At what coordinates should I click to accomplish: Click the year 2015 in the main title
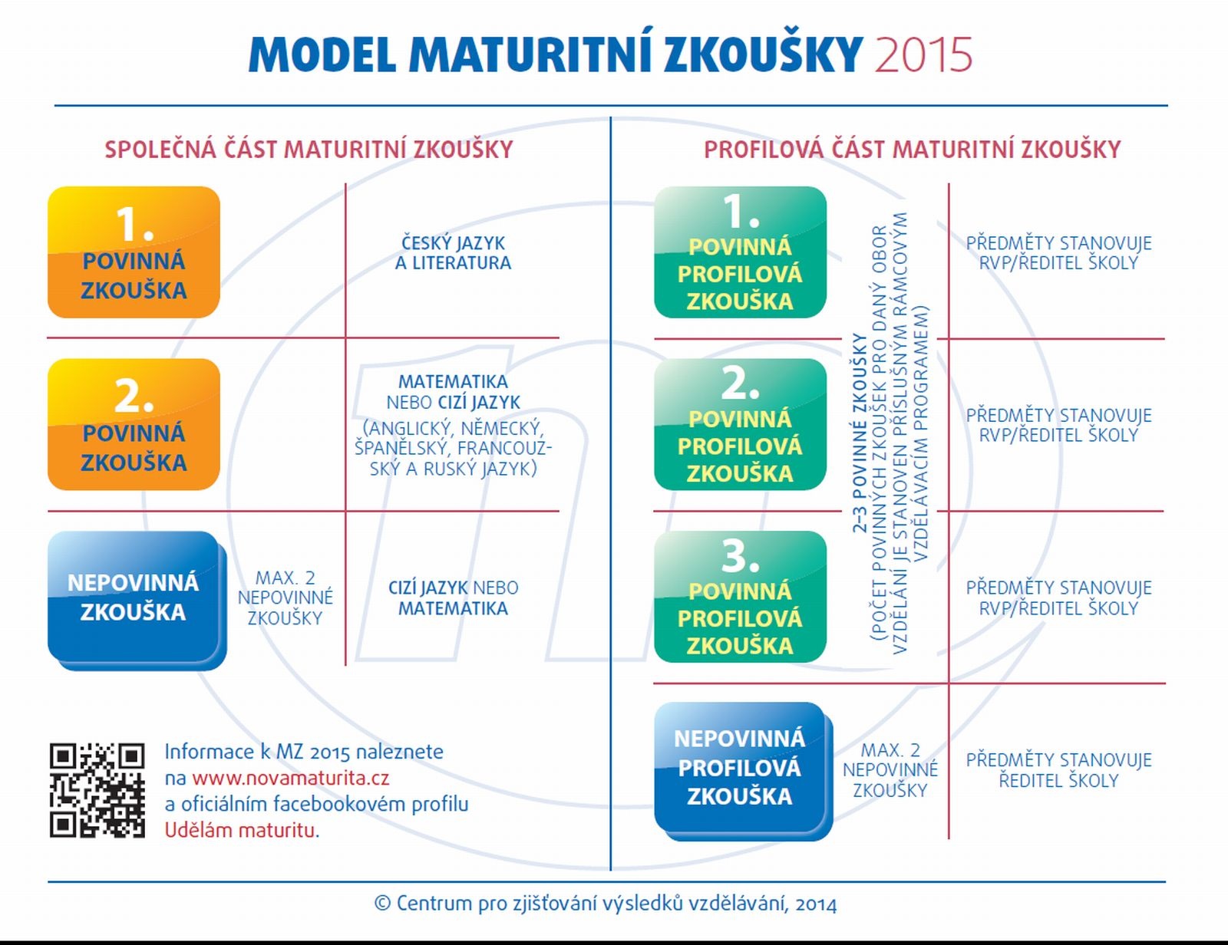coord(923,54)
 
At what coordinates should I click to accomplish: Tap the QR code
coord(97,790)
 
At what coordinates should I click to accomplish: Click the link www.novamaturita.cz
coord(290,778)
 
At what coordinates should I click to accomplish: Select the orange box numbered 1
coord(134,252)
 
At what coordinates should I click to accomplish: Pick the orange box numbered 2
coord(134,424)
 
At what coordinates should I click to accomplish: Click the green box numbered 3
coord(741,597)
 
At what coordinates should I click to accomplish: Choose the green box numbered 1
coord(741,252)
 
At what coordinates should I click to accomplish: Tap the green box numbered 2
coord(741,424)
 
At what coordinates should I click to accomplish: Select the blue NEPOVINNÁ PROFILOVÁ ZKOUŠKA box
coord(743,772)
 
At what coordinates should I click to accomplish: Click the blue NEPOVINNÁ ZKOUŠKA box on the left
coord(137,601)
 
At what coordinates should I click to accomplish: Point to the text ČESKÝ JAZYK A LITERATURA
coord(453,253)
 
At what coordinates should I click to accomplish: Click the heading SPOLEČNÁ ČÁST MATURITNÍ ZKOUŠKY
coord(309,150)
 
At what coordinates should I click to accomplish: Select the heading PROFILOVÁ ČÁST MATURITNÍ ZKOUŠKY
coord(912,150)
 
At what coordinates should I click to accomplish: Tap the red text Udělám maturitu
coord(242,831)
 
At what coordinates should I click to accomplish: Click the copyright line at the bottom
coord(606,904)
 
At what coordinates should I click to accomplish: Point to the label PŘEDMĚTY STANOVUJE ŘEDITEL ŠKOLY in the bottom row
coord(1058,770)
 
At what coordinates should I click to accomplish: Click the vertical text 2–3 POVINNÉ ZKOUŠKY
coord(860,433)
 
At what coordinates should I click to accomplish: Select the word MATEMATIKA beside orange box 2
coord(453,382)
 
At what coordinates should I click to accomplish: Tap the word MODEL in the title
coord(322,54)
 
